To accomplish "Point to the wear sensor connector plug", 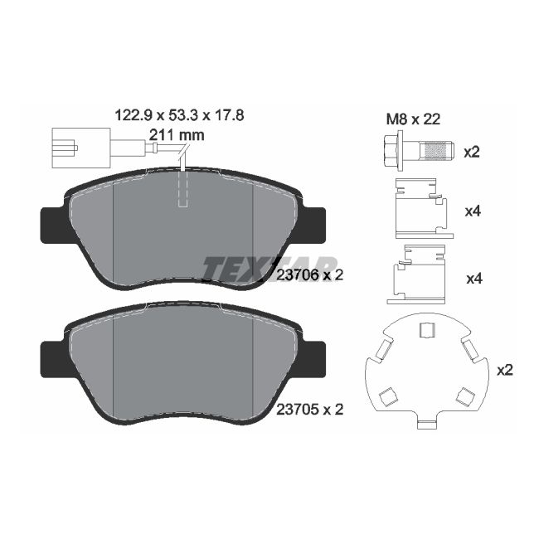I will [80, 148].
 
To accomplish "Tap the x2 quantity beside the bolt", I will [472, 153].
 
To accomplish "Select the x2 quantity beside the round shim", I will [504, 370].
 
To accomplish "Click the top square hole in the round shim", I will [427, 330].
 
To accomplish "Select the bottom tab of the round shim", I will [426, 425].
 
